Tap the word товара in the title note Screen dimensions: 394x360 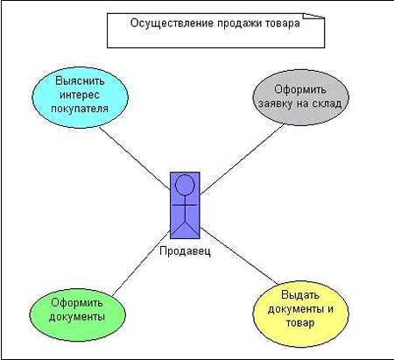tap(283, 24)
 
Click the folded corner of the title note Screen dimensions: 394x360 tap(313, 16)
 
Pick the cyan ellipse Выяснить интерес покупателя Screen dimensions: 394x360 tap(80, 97)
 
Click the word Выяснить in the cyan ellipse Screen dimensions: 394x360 tap(80, 81)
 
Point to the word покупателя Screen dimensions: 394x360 tap(80, 109)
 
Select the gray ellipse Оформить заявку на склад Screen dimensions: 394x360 tap(300, 97)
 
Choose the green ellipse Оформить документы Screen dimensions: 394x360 tap(77, 314)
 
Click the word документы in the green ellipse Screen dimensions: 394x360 tap(77, 317)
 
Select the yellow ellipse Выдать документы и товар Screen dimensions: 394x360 tap(300, 314)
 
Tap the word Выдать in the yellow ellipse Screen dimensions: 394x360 tap(300, 295)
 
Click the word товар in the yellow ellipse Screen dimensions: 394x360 tap(300, 323)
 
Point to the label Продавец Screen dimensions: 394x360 tap(185, 251)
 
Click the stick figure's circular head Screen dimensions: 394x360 tap(185, 185)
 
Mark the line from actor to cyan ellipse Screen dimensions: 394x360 tap(135, 159)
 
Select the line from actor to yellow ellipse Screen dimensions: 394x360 tap(238, 256)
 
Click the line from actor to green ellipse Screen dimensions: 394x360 tap(141, 263)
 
